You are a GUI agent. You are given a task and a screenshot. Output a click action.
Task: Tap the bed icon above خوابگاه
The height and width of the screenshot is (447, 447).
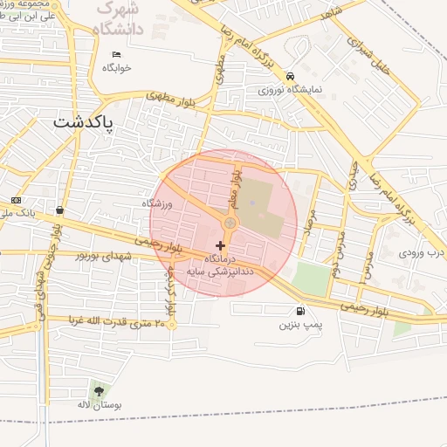(116, 54)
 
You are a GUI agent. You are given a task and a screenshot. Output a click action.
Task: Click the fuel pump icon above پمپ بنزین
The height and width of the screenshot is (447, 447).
(301, 311)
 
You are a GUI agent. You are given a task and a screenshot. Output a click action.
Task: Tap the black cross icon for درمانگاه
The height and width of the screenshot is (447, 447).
(219, 246)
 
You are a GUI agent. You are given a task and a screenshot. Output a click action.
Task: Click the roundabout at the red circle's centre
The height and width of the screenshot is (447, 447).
(230, 224)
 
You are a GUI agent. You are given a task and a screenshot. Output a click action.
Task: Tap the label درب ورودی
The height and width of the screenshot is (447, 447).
(422, 253)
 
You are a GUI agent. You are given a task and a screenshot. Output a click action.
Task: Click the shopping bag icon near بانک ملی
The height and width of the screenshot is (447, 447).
(58, 210)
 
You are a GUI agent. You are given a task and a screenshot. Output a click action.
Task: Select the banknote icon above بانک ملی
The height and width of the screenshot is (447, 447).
(15, 201)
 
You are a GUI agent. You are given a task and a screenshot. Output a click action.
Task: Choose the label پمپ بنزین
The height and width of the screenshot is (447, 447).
(294, 325)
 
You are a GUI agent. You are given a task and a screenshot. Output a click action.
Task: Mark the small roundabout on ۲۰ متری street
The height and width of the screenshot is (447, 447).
(171, 326)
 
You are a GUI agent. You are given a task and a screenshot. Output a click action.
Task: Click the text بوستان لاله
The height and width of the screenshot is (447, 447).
(96, 406)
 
